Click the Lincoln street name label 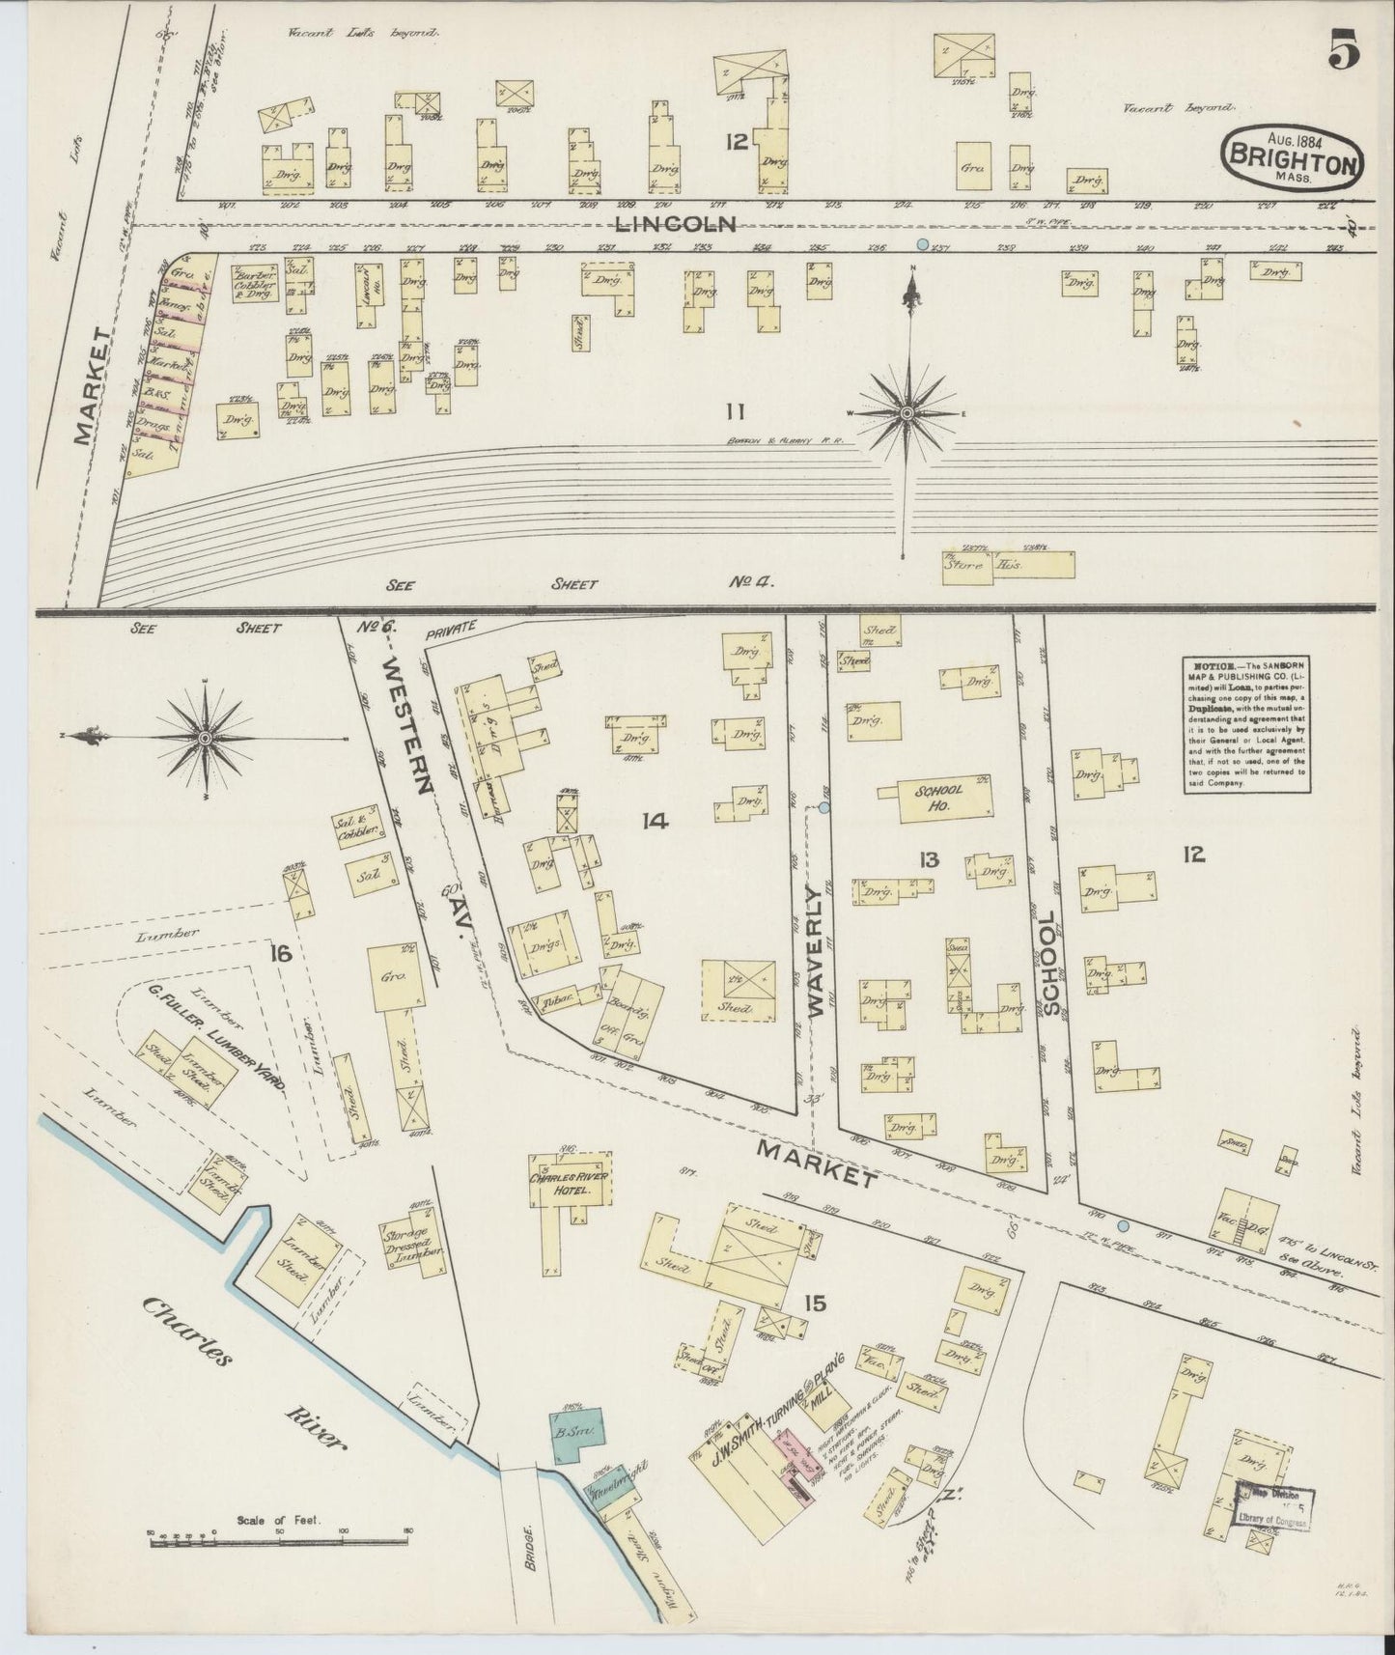676,224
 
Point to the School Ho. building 934,798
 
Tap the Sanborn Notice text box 1244,724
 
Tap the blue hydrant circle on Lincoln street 922,244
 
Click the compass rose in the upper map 907,413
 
